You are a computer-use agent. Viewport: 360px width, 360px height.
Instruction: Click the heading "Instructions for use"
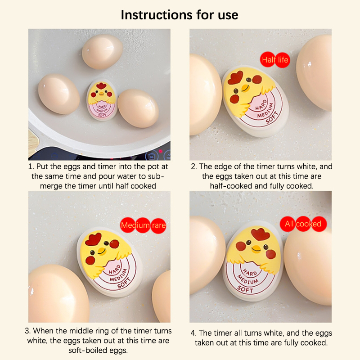pos(180,15)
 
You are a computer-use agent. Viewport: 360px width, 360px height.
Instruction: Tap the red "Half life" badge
pos(275,60)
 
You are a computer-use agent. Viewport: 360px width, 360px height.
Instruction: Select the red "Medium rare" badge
pos(143,225)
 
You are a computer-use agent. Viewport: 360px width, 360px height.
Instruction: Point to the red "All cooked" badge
pos(303,224)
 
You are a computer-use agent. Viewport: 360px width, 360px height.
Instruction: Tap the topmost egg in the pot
pos(102,52)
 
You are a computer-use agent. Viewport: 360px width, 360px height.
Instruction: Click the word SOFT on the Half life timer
pos(272,117)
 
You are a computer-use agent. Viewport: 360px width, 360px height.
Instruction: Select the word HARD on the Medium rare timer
pos(115,269)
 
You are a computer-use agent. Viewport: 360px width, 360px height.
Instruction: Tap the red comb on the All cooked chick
pos(260,234)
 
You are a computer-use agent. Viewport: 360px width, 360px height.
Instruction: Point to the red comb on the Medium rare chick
pos(93,239)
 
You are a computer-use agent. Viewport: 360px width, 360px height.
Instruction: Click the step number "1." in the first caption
pos(31,166)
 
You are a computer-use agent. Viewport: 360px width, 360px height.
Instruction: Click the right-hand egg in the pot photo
pos(139,108)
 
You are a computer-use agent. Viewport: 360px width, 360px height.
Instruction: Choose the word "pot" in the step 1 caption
pos(153,166)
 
